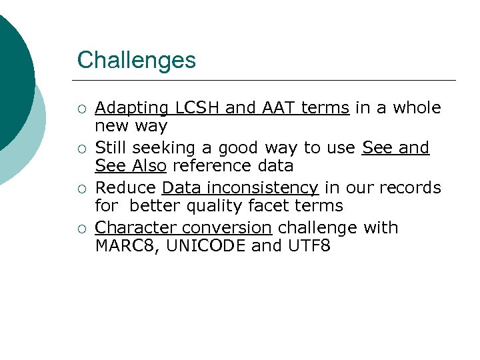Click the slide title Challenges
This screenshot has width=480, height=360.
[136, 60]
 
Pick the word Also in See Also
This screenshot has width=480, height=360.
[148, 166]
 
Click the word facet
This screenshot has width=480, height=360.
[289, 206]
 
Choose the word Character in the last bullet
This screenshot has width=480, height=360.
[132, 228]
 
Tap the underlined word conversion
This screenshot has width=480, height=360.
[223, 228]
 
